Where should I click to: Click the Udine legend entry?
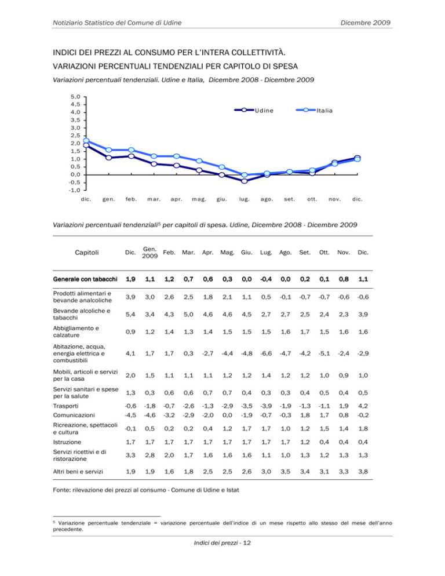coord(254,110)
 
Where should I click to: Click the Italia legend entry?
coord(315,110)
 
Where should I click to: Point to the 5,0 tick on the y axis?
coord(75,97)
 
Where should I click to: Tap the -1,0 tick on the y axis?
coord(75,190)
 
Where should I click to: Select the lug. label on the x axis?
coord(245,199)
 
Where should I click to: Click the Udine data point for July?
coord(245,181)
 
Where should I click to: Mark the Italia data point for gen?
coord(109,150)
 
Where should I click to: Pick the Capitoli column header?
coord(87,253)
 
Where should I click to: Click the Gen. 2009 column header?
coord(150,253)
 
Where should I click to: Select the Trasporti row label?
coord(66,406)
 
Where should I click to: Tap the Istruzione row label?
coord(67,442)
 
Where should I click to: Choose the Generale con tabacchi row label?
coord(85,279)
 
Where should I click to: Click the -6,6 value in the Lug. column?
coord(266,353)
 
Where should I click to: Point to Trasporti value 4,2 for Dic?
coord(363,406)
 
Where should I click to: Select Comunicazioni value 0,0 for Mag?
coord(228,415)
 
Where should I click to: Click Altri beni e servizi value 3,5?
coord(286,471)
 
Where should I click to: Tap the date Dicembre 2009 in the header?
coord(365,23)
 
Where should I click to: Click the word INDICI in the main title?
coord(65,52)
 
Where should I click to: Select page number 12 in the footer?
coord(247,543)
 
